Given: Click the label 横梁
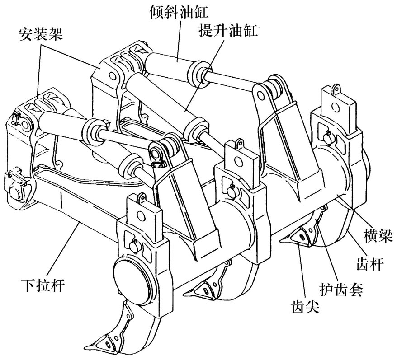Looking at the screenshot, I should point(378,235).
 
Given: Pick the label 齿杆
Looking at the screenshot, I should point(371,264).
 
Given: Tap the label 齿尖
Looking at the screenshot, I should point(305,307).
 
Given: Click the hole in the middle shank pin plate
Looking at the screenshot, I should point(237,160).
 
